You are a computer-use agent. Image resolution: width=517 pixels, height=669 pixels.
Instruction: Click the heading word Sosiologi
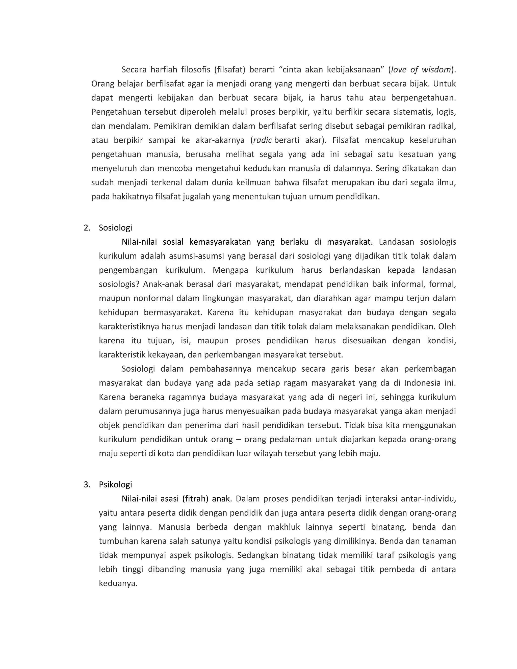(115, 228)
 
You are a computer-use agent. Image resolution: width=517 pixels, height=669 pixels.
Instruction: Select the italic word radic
(263, 140)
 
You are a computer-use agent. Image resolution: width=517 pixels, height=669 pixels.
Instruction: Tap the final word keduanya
(118, 583)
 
